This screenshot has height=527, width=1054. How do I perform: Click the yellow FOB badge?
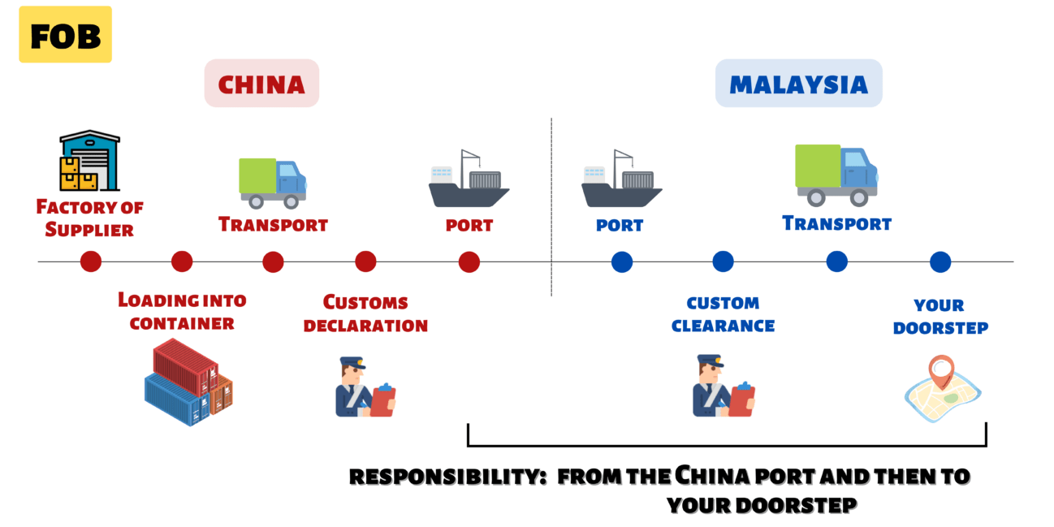65,35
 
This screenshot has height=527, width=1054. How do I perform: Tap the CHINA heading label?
261,84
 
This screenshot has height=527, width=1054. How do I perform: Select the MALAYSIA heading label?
798,84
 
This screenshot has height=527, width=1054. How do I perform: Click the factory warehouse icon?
89,161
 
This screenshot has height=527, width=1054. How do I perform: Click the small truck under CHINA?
273,182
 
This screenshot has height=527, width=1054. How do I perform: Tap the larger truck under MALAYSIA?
836,175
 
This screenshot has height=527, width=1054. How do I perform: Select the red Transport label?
273,224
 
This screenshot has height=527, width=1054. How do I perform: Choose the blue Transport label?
836,222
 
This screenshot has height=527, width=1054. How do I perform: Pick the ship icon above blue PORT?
621,179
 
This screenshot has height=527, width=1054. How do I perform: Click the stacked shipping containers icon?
188,382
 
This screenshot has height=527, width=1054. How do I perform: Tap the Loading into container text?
182,311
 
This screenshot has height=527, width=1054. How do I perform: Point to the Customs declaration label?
365,313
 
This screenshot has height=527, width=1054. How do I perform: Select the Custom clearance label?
723,314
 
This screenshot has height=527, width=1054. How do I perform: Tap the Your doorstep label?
940,317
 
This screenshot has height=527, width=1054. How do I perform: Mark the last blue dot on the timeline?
940,261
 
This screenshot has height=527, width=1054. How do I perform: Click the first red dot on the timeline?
91,261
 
